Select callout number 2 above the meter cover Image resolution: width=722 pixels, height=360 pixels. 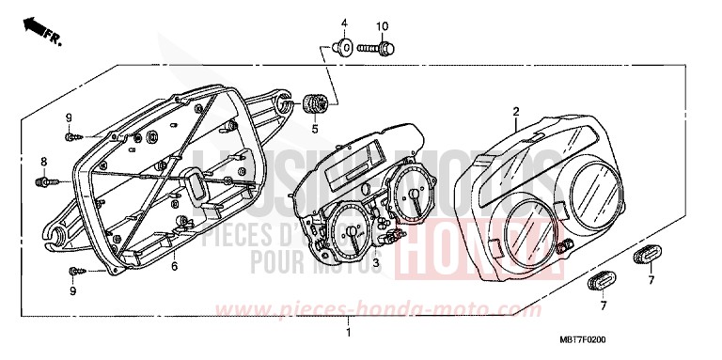pos(516,112)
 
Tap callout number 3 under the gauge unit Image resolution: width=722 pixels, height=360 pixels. pos(375,264)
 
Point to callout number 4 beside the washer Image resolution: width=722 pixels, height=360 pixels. pos(344,23)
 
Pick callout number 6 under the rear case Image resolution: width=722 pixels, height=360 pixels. pos(174,267)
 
